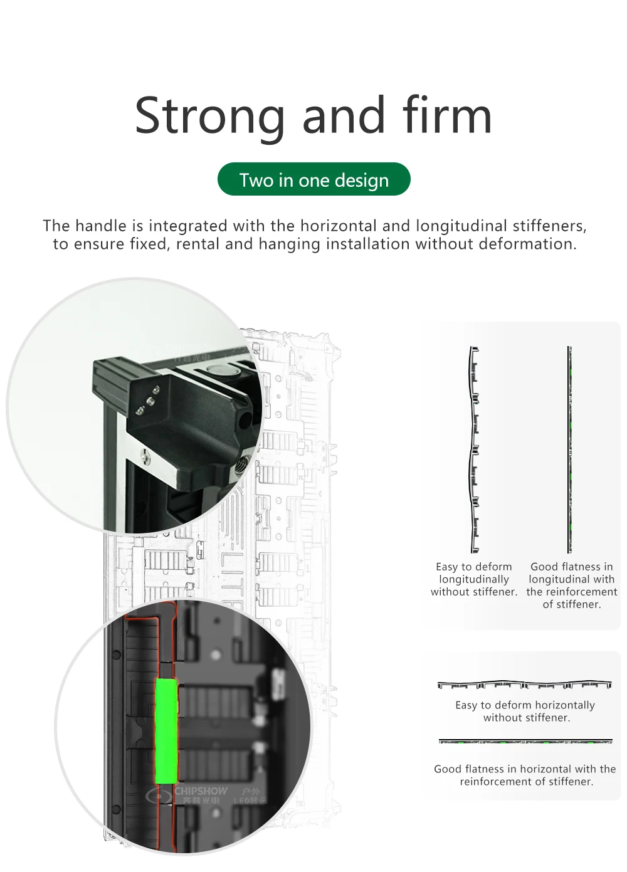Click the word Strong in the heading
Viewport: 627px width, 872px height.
(x=207, y=116)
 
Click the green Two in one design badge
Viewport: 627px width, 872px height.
(x=313, y=180)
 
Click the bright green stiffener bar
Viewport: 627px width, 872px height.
(x=166, y=731)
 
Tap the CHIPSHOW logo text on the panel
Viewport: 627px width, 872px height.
(x=201, y=791)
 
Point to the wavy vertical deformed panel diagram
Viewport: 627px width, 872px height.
(x=474, y=449)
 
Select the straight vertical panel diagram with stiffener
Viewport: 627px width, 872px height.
(x=570, y=449)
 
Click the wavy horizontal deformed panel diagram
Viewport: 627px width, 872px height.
(x=524, y=685)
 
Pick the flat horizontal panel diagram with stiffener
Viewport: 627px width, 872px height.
(x=525, y=742)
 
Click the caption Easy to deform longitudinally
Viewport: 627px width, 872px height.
(x=474, y=579)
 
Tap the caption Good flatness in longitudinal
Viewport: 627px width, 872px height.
(x=571, y=585)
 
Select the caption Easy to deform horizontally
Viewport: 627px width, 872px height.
(x=525, y=711)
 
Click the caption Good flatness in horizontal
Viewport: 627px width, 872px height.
(x=525, y=775)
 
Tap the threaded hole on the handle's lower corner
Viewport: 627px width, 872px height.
(x=241, y=466)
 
